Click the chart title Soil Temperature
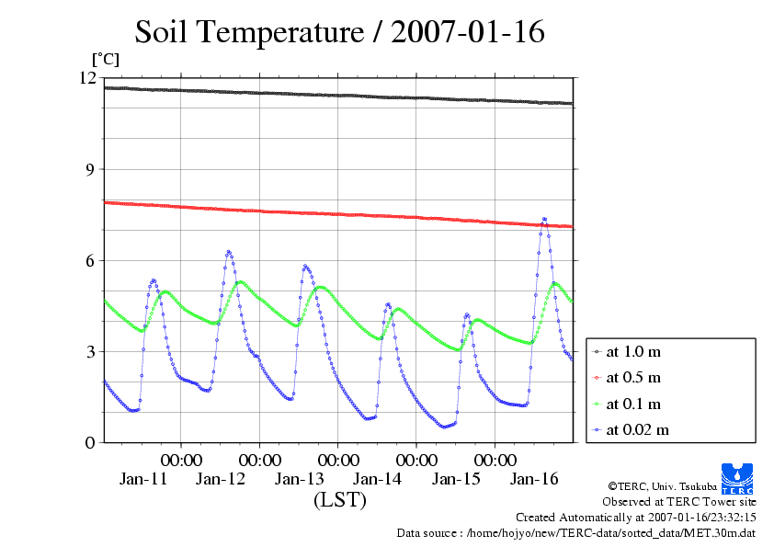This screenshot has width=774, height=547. [339, 32]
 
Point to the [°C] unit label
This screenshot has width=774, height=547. [105, 60]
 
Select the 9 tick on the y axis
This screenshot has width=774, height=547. [90, 169]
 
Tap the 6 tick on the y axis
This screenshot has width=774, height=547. [90, 260]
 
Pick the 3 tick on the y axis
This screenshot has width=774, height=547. [90, 351]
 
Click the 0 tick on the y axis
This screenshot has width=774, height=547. [90, 442]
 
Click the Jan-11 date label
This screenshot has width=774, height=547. [143, 479]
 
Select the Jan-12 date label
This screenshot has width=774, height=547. [222, 479]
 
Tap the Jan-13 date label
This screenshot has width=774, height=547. [300, 479]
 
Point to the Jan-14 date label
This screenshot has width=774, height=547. [378, 479]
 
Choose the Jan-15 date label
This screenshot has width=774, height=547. [457, 479]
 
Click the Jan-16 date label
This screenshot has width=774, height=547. [535, 479]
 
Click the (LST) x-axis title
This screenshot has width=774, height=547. [339, 500]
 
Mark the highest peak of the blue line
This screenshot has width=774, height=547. [544, 219]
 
